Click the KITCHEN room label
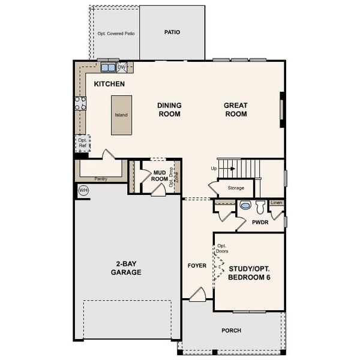pos(109,84)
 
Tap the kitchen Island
pos(121,115)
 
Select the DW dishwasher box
pos(122,67)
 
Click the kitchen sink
pos(108,67)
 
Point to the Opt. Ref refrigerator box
pos(82,143)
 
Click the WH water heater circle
pos(83,190)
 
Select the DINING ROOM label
pos(169,109)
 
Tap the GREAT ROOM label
pos(236,109)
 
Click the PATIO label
pos(172,32)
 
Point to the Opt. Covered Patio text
pos(116,34)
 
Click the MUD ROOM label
pos(159,175)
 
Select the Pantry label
pos(101,178)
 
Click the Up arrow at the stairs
pos(224,169)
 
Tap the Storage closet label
pos(236,188)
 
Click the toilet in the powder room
pos(260,207)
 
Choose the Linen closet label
pos(276,203)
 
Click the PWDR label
pos(260,222)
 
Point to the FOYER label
pos(197,265)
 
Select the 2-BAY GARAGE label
pos(125,268)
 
